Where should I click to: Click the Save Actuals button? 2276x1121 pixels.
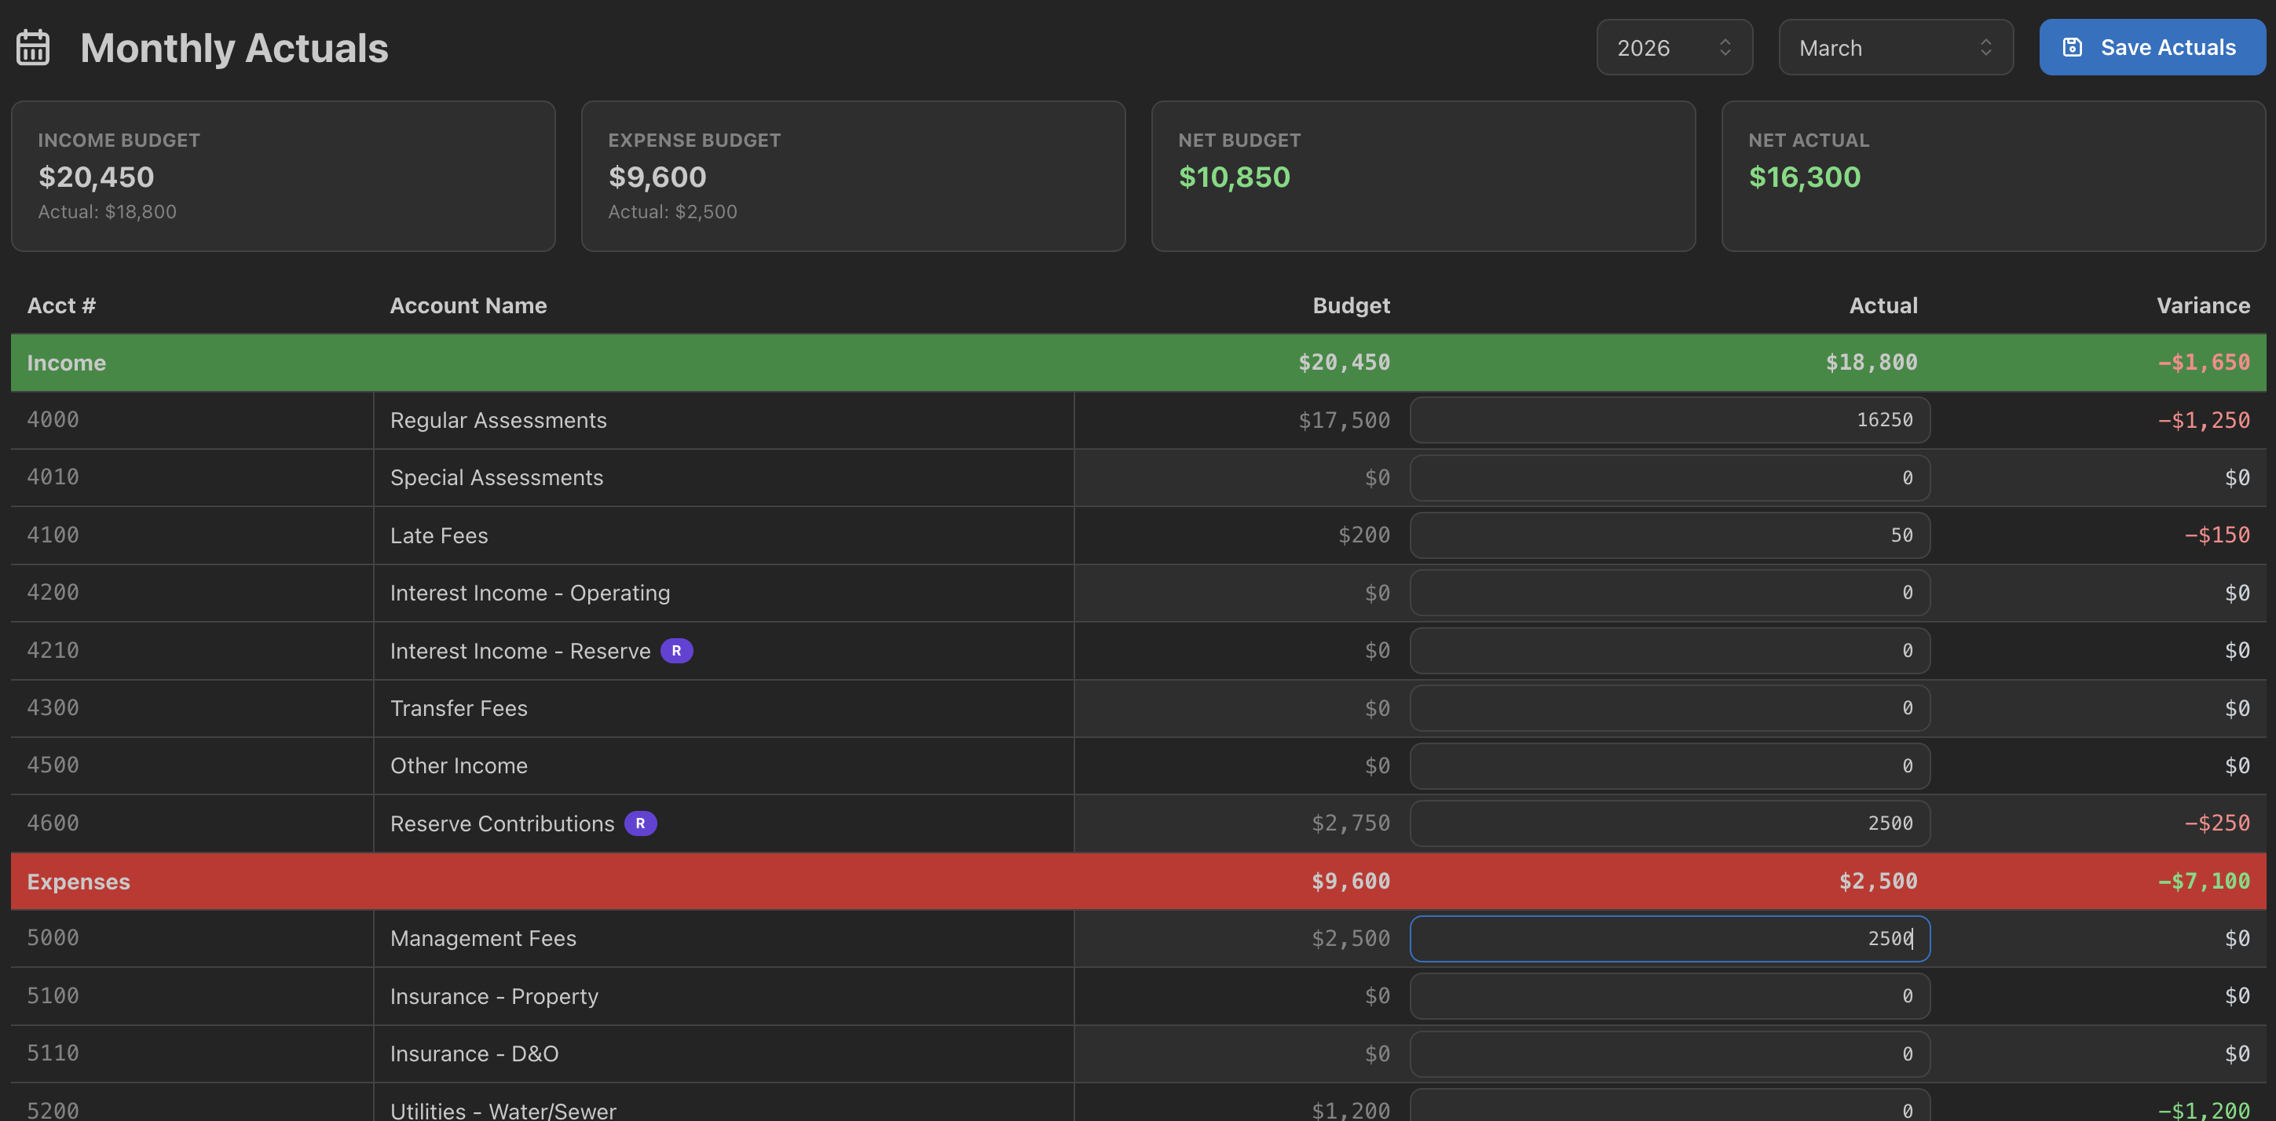tap(2151, 48)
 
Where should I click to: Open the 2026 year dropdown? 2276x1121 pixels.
tap(1674, 48)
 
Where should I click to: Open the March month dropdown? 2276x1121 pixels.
tap(1895, 48)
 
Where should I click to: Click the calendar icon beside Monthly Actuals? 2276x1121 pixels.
tap(34, 48)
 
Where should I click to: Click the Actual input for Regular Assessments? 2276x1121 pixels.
tap(1669, 420)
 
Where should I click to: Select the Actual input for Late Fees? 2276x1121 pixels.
tap(1669, 535)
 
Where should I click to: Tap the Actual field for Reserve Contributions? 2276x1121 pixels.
tap(1669, 823)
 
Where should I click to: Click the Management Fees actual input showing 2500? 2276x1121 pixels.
tap(1669, 938)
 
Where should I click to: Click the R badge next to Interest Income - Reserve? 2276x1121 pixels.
tap(677, 651)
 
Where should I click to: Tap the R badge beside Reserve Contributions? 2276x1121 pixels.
tap(641, 823)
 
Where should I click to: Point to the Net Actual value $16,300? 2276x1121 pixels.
tap(1804, 177)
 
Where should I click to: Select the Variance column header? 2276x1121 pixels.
tap(2203, 305)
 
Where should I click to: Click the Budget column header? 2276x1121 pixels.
tap(1351, 305)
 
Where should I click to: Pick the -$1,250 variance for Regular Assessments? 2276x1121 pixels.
tap(2204, 421)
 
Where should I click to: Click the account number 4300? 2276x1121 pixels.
tap(53, 707)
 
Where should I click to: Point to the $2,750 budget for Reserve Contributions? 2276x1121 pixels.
tap(1350, 823)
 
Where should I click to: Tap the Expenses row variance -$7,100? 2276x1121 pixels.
tap(2204, 881)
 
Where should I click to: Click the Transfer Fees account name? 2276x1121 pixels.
tap(459, 708)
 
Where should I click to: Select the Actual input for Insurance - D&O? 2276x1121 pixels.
tap(1669, 1053)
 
